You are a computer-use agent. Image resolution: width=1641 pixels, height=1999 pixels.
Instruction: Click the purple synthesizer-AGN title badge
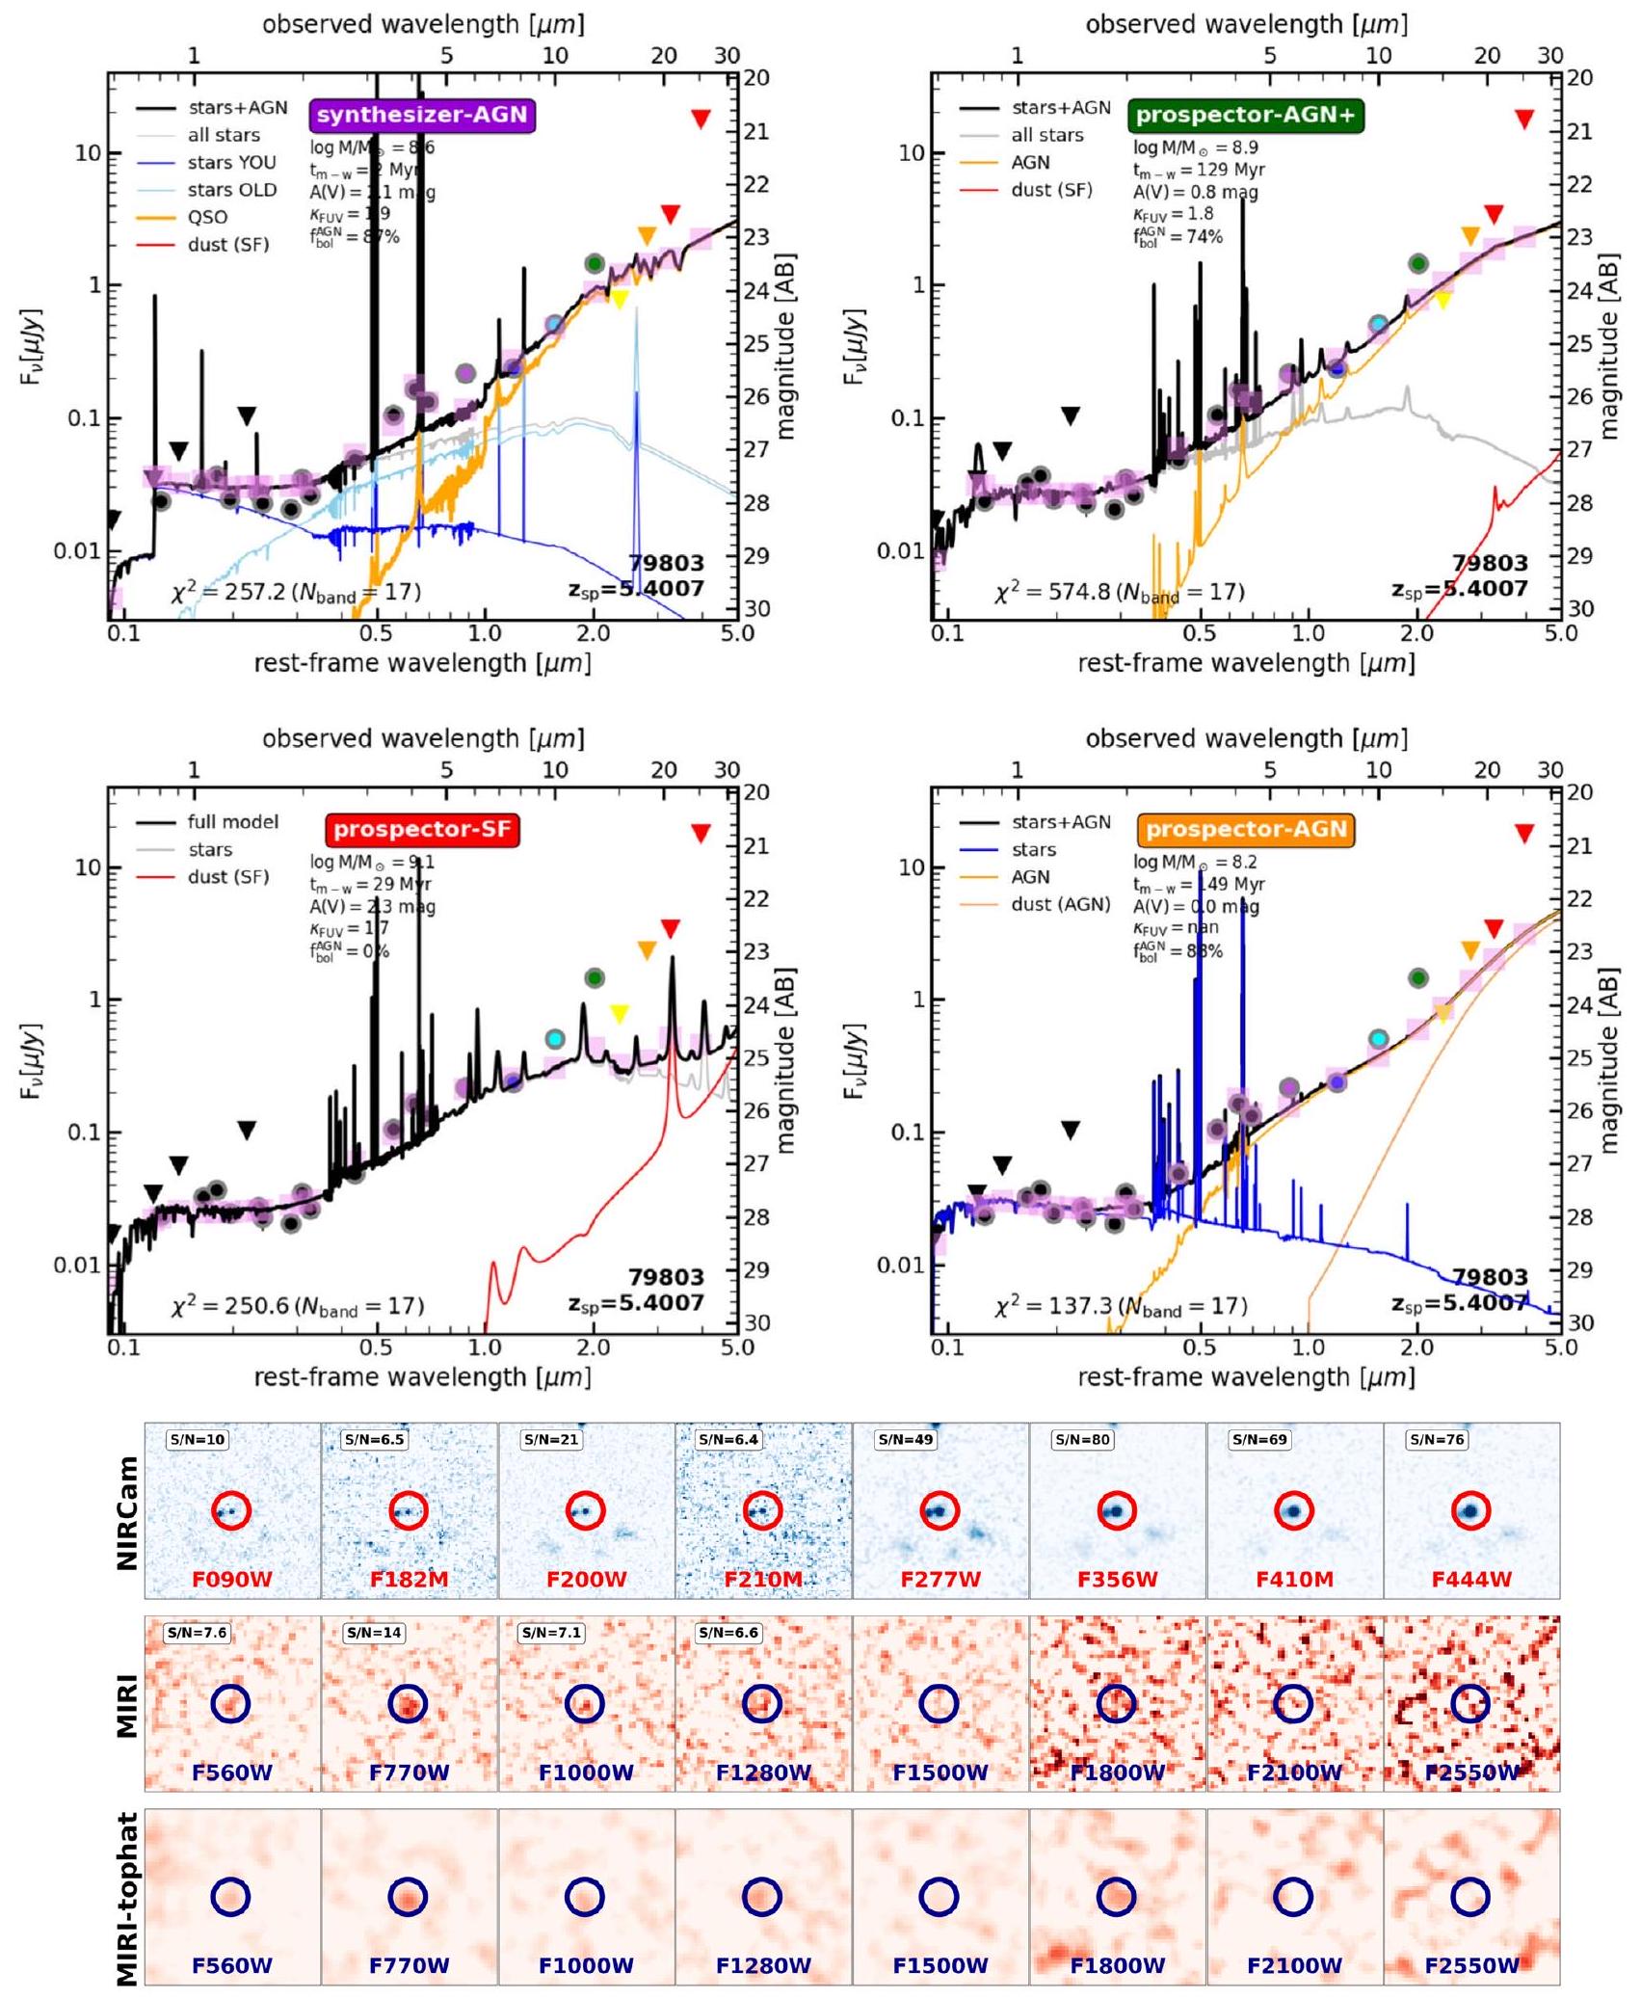pyautogui.click(x=422, y=115)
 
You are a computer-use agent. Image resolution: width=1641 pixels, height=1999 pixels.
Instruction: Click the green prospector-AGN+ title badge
pyautogui.click(x=1245, y=115)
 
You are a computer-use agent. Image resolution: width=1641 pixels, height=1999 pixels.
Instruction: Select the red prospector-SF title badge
pyautogui.click(x=422, y=829)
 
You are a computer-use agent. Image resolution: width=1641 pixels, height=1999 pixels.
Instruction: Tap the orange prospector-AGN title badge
pyautogui.click(x=1246, y=829)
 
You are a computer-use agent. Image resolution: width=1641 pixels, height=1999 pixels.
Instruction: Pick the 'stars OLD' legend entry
pyautogui.click(x=231, y=190)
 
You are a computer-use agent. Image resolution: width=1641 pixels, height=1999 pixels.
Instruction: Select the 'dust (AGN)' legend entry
pyautogui.click(x=1060, y=904)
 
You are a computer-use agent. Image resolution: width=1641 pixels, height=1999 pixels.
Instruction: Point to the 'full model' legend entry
pyautogui.click(x=232, y=822)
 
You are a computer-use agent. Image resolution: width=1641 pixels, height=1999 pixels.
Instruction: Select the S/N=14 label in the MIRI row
pyautogui.click(x=374, y=1633)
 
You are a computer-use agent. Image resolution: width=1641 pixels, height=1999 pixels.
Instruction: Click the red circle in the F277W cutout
pyautogui.click(x=940, y=1511)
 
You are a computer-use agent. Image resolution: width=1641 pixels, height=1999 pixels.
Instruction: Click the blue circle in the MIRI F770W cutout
pyautogui.click(x=408, y=1704)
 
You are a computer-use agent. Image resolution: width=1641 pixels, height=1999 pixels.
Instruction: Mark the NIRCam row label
pyautogui.click(x=126, y=1511)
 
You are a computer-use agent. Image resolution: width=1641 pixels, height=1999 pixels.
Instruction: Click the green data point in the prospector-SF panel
pyautogui.click(x=595, y=977)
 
